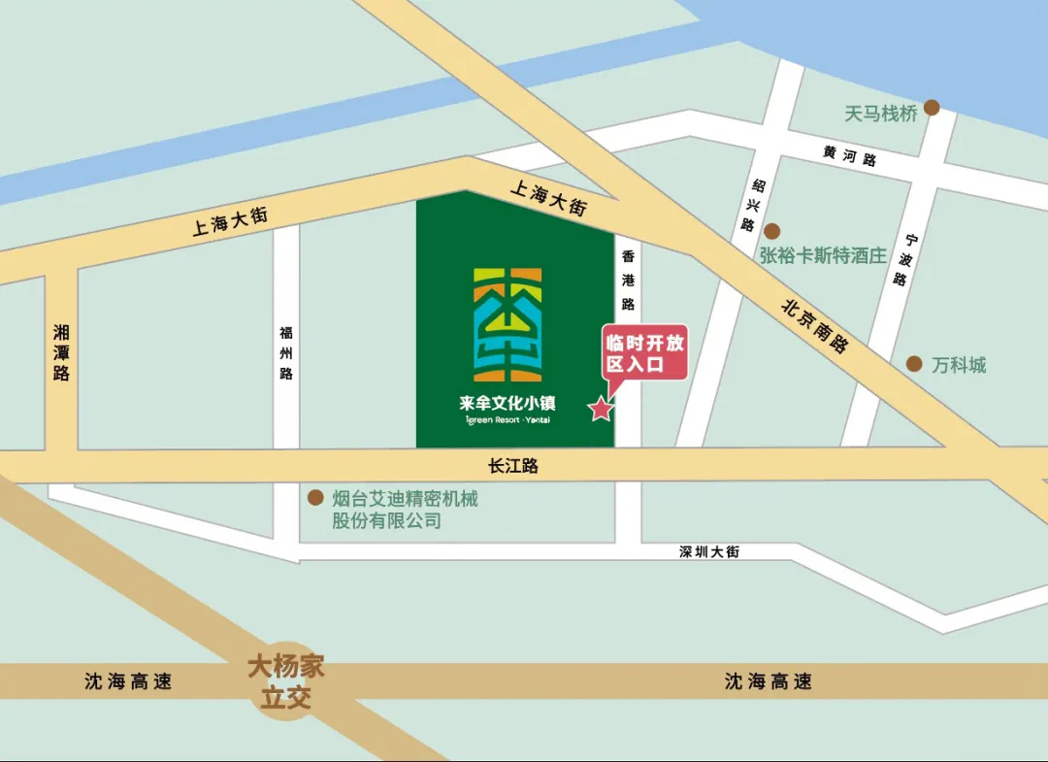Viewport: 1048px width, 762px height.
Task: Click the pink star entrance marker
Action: (602, 409)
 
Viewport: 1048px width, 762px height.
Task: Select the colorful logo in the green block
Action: (508, 324)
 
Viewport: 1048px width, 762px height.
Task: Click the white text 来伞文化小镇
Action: (508, 403)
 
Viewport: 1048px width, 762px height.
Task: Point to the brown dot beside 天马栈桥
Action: (932, 108)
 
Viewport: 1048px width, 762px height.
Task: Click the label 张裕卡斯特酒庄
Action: (823, 256)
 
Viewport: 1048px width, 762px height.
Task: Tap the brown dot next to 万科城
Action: (914, 364)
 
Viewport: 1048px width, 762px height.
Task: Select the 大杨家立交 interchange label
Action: (285, 681)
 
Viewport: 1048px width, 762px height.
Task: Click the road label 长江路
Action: (513, 466)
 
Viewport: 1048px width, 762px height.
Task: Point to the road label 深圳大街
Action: (709, 551)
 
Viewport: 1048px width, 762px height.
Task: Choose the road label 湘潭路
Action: (62, 352)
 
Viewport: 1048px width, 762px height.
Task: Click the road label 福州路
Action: (285, 352)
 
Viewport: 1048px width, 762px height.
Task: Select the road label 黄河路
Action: (850, 156)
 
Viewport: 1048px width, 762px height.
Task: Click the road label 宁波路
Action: (904, 259)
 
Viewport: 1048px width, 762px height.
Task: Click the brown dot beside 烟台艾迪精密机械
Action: (315, 498)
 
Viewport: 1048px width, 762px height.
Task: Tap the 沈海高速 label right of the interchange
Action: (768, 681)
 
